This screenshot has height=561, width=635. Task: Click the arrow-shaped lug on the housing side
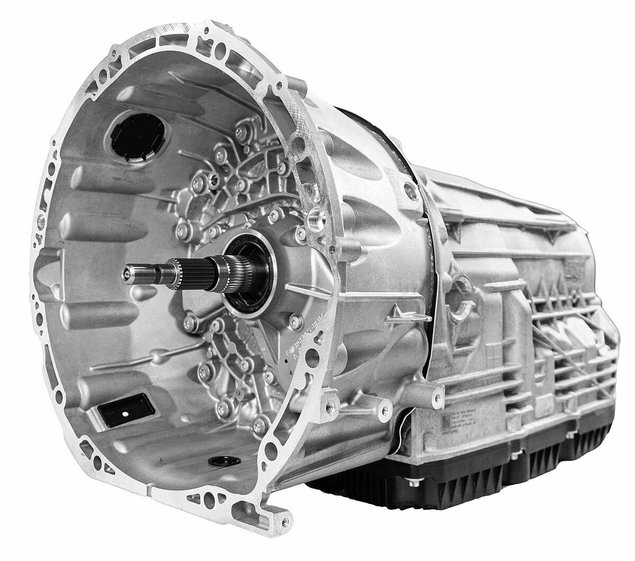pos(408,315)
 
